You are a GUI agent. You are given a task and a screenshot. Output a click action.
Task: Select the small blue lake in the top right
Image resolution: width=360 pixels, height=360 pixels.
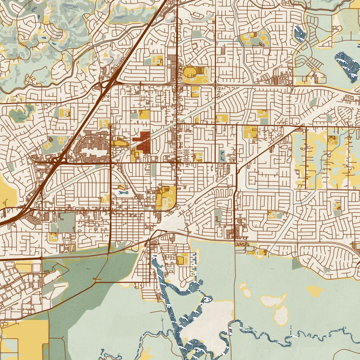[299, 34]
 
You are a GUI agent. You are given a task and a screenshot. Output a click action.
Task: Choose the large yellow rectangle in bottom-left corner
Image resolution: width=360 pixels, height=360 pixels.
[24, 340]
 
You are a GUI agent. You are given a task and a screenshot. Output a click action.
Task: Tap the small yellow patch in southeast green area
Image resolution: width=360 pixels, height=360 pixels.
[315, 291]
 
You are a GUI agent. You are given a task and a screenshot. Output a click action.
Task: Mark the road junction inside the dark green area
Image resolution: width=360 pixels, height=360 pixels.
[96, 279]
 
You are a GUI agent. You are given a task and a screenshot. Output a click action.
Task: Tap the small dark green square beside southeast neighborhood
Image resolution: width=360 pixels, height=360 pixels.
[297, 264]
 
